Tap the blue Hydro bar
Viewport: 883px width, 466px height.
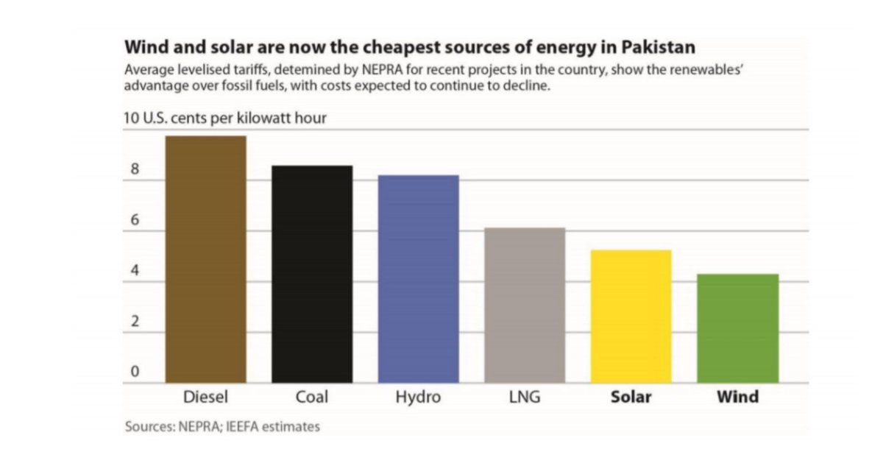pos(418,279)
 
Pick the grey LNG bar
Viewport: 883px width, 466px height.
pos(524,306)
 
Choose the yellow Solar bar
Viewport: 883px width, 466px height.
pos(631,317)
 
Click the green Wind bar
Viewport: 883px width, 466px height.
pos(737,328)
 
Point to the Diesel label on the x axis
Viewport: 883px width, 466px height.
pos(205,397)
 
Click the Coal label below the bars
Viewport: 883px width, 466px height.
pos(312,397)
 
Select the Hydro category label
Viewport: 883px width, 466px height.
pos(418,398)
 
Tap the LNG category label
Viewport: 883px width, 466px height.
pos(524,397)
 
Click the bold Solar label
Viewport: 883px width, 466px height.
pos(631,397)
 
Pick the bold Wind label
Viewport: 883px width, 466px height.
pos(737,397)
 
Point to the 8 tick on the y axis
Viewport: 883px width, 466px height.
pos(135,169)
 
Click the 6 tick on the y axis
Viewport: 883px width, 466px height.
pos(135,219)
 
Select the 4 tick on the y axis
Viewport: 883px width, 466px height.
pos(135,270)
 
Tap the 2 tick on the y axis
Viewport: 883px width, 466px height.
pos(135,321)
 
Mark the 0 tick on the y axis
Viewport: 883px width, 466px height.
pos(135,372)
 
